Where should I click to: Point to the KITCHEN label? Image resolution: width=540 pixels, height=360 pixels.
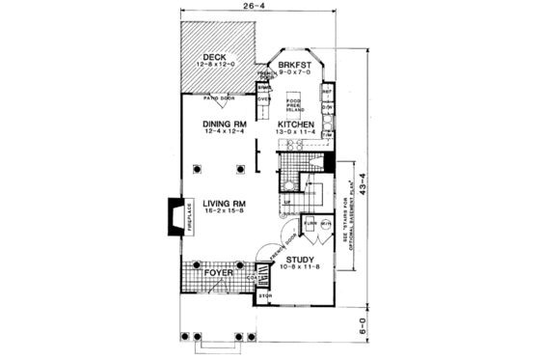click(297, 125)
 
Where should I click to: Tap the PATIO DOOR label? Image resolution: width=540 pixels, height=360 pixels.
click(221, 97)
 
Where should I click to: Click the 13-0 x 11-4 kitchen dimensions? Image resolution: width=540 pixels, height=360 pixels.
click(297, 133)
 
